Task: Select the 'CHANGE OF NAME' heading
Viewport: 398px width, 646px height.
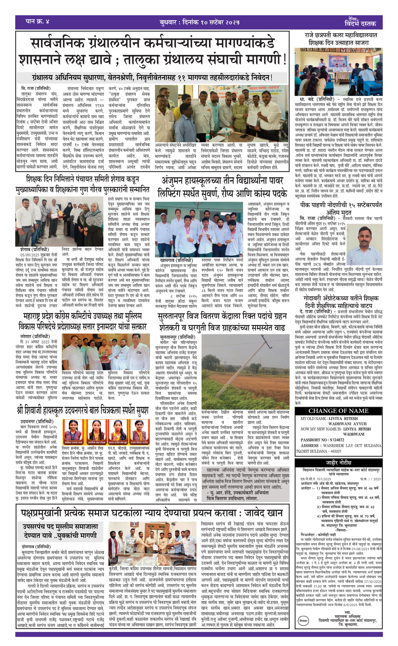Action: [338, 411]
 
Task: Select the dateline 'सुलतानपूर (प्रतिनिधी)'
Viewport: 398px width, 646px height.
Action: [178, 337]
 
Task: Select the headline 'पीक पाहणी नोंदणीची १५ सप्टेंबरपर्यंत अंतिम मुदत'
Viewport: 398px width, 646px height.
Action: [341, 208]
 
